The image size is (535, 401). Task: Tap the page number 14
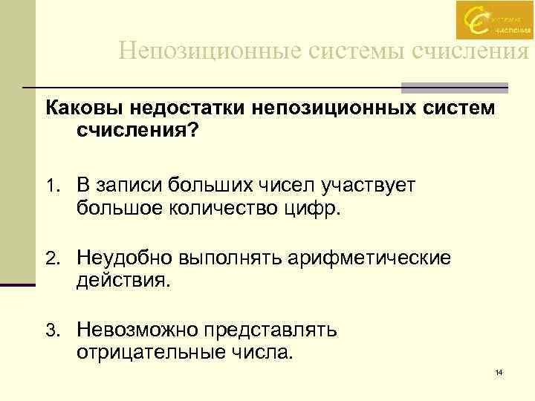pyautogui.click(x=499, y=371)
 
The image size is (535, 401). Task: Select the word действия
pyautogui.click(x=123, y=280)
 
